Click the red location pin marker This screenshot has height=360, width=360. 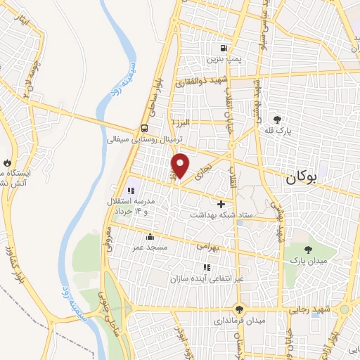[181, 166]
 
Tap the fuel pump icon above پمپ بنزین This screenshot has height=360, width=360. [223, 49]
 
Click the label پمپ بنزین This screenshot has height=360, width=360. [223, 60]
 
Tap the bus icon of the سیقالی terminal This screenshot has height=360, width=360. [144, 129]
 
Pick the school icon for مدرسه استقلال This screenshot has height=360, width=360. [131, 190]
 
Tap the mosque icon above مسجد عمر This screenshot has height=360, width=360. [148, 236]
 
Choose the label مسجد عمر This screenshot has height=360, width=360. [148, 247]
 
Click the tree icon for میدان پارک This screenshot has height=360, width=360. [307, 249]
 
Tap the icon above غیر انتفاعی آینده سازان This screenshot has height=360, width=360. [206, 267]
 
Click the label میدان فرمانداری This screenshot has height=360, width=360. [240, 321]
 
